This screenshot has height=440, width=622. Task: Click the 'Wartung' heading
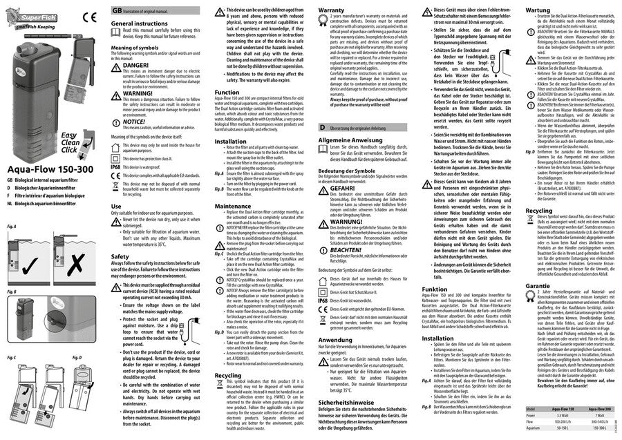point(538,12)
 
